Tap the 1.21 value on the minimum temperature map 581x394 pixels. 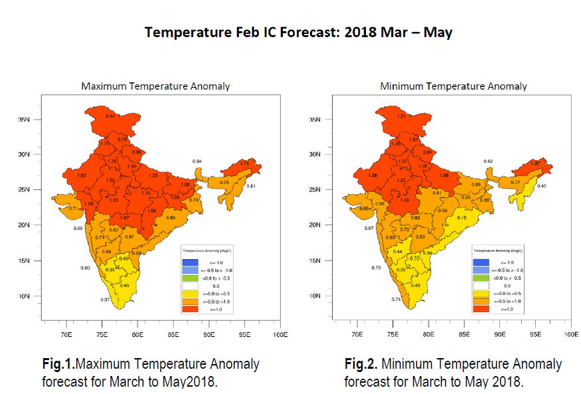point(401,116)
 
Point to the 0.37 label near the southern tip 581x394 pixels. point(105,300)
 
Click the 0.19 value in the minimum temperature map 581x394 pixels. point(461,218)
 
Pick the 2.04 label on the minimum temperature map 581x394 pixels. point(427,152)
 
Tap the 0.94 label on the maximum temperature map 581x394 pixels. point(197,161)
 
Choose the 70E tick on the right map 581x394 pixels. point(357,335)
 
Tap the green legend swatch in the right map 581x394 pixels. point(480,278)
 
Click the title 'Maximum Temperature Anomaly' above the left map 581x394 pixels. point(155,86)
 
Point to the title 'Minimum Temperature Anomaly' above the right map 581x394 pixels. point(453,86)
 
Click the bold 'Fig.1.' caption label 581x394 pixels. point(57,364)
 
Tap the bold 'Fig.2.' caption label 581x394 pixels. point(361,364)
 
